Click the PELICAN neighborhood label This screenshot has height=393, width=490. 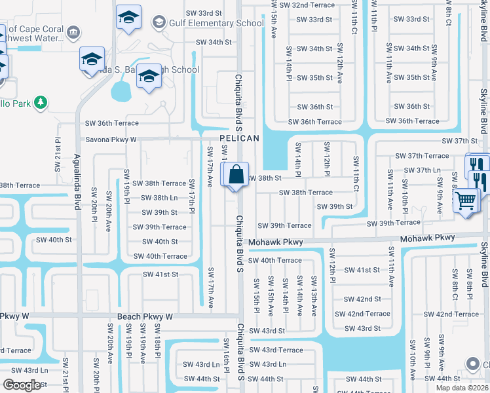pyautogui.click(x=239, y=139)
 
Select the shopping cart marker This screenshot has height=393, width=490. pyautogui.click(x=466, y=201)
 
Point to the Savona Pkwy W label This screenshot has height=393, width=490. pyautogui.click(x=111, y=140)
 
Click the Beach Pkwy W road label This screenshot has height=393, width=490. pyautogui.click(x=145, y=316)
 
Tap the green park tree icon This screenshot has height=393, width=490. pyautogui.click(x=41, y=103)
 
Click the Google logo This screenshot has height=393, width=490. pyautogui.click(x=22, y=385)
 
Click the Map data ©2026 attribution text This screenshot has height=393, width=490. pyautogui.click(x=461, y=388)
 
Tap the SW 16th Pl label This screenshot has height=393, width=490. pyautogui.click(x=227, y=353)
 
